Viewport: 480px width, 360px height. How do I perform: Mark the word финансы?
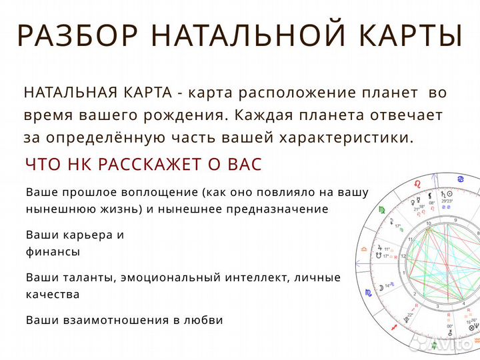click(x=53, y=251)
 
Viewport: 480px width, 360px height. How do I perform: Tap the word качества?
click(x=53, y=294)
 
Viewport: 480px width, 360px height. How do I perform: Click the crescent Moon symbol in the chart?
click(x=383, y=287)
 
